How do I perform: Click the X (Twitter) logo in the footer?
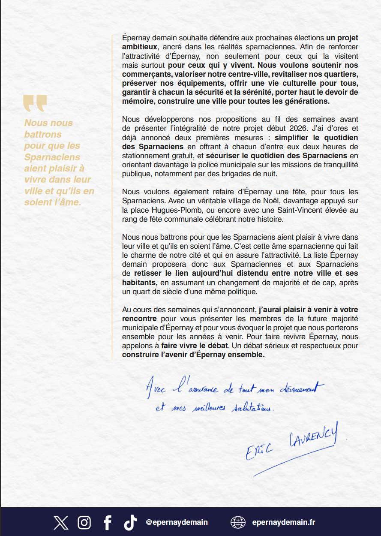(61, 522)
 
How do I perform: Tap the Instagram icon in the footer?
(84, 522)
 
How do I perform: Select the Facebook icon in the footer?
(108, 522)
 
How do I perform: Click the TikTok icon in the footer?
(130, 522)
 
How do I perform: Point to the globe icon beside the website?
(238, 522)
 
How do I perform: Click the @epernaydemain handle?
(177, 522)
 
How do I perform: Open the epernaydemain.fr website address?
(284, 522)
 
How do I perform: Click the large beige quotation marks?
(35, 103)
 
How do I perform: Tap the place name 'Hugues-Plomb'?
(167, 210)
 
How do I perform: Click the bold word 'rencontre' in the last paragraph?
(140, 319)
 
